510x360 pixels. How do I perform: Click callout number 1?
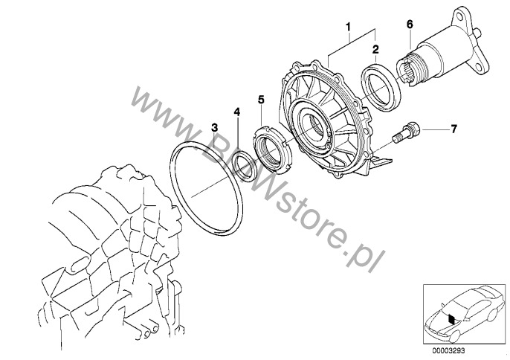349,27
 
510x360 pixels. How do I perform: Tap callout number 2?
375,50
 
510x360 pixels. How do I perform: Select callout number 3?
214,127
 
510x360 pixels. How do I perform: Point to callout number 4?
237,112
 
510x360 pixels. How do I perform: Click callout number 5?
261,100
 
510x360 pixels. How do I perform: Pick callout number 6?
410,24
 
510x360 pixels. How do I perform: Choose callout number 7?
453,129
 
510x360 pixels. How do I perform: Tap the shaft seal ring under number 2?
381,86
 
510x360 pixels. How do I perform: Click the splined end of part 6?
405,71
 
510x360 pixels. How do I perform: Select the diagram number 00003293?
448,350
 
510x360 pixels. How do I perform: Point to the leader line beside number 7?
434,129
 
